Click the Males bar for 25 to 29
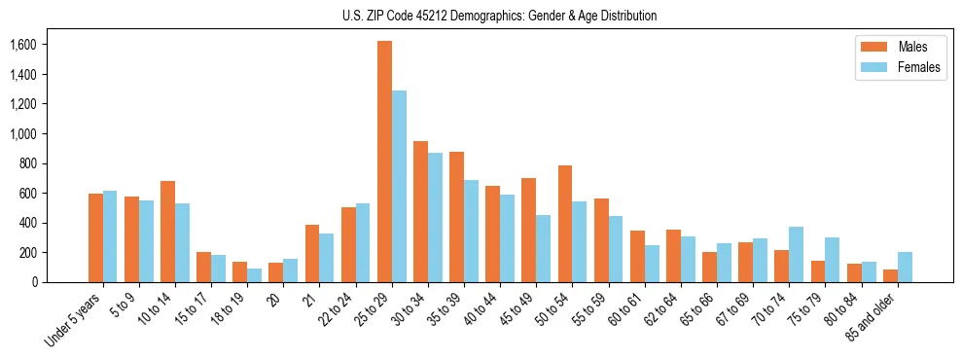point(384,162)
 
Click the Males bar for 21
point(312,253)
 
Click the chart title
point(499,16)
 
